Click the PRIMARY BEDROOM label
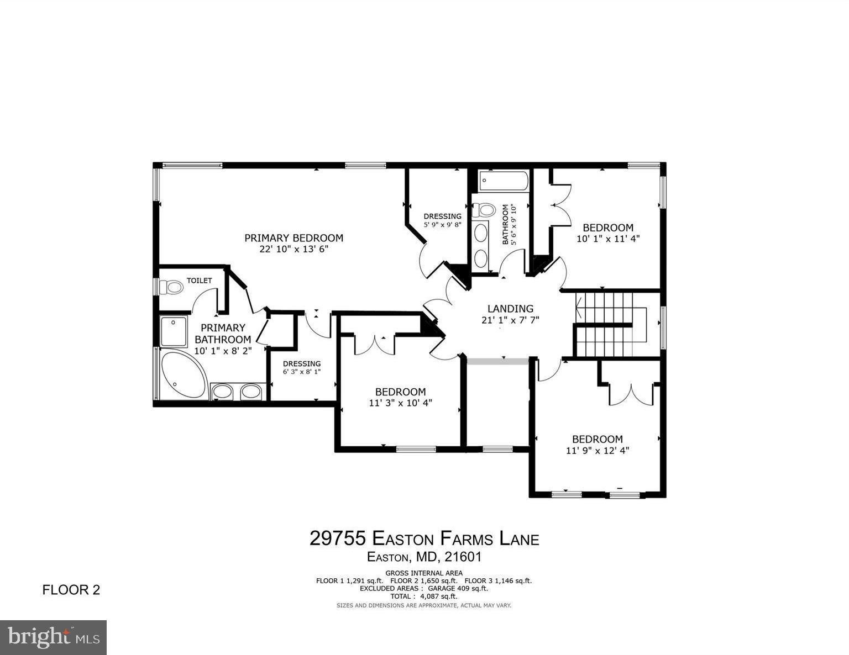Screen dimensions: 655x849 [294, 238]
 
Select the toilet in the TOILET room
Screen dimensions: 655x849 [172, 287]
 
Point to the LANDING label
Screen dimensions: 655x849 [510, 309]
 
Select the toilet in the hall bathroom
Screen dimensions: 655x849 [485, 209]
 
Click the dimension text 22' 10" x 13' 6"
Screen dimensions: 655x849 [294, 250]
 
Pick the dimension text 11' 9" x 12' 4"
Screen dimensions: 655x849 [598, 451]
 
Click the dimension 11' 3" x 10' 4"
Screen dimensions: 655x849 [400, 403]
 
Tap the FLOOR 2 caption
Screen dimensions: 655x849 [71, 590]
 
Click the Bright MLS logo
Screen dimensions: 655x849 [53, 637]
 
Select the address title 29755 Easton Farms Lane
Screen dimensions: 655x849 [424, 538]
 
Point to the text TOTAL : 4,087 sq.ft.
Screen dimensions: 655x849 [424, 596]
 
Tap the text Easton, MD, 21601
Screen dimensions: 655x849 [424, 557]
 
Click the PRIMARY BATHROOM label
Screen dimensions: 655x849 [223, 334]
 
